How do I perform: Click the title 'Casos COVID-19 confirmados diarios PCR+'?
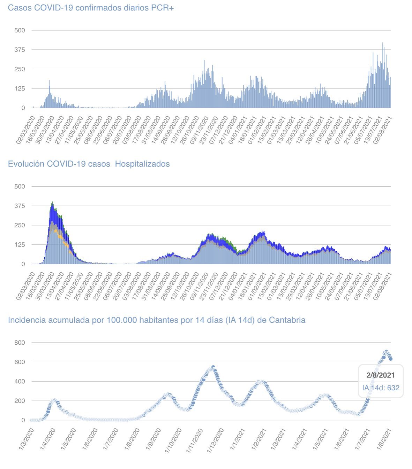(x=91, y=8)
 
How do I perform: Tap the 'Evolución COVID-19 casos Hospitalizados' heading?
(x=89, y=164)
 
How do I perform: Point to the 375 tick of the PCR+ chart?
(x=20, y=50)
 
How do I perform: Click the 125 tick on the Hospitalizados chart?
(x=20, y=245)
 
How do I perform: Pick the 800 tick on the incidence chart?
(x=20, y=343)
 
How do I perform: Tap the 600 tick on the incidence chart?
(x=20, y=362)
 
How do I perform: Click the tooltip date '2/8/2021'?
(x=381, y=375)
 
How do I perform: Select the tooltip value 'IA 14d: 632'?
(x=381, y=388)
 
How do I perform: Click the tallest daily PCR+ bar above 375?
(x=383, y=43)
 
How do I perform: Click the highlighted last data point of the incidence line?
(x=391, y=359)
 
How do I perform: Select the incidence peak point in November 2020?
(x=213, y=367)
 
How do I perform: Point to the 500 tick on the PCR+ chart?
(x=20, y=30)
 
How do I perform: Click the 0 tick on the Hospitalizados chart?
(x=23, y=264)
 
